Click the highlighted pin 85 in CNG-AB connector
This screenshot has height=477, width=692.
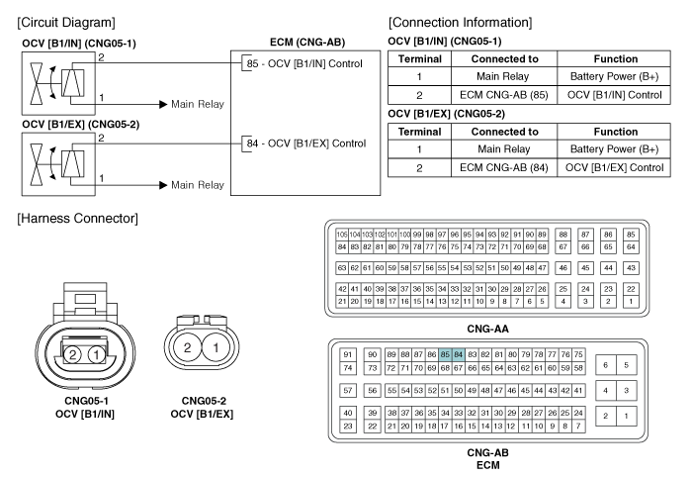445,354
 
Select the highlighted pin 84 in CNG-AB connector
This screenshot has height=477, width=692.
458,354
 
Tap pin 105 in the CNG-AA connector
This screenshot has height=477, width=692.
342,235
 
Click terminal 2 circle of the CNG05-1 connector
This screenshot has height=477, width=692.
72,354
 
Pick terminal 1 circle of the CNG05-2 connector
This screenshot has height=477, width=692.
216,347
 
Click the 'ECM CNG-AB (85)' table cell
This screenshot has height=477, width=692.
504,95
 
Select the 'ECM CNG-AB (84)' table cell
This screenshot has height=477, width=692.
504,168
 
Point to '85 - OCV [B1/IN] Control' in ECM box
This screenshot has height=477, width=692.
304,63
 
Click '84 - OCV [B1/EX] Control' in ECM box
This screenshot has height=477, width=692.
306,143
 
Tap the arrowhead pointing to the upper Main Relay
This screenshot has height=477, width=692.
163,104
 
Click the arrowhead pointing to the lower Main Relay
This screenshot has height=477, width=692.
163,185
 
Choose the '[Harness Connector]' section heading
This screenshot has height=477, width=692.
78,219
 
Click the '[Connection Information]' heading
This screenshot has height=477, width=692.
461,23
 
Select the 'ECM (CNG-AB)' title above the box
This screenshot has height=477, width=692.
307,42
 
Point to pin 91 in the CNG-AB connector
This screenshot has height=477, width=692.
348,354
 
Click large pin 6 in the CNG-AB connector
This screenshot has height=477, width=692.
605,365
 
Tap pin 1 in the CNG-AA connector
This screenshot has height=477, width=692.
631,302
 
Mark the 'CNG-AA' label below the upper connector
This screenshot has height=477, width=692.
487,329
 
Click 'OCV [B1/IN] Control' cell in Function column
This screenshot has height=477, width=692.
614,95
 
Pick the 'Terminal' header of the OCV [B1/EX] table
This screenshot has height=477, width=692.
420,132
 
